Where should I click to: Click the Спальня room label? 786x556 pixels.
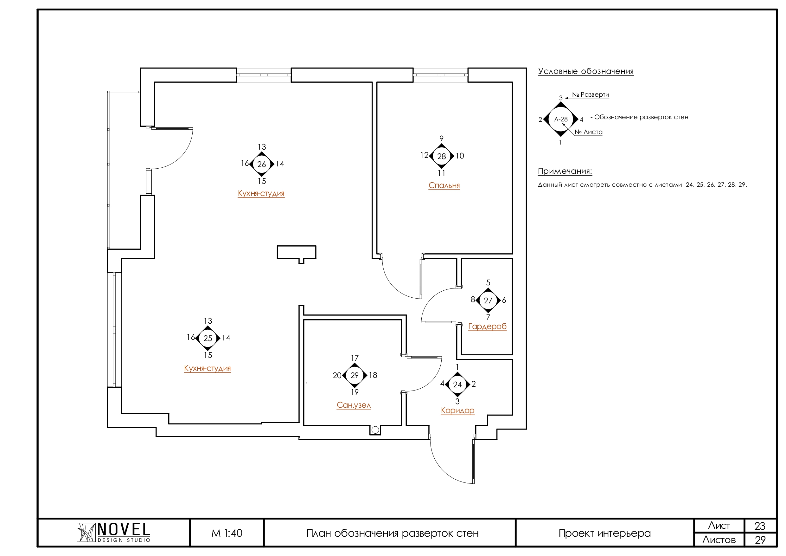(444, 185)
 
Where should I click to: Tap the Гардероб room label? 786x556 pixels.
(487, 326)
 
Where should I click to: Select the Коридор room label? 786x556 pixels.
(457, 411)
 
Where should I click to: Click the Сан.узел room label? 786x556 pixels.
(354, 405)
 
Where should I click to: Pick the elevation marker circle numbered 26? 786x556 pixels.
(262, 164)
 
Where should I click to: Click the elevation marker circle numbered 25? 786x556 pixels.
(208, 338)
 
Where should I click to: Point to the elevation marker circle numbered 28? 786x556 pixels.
(442, 156)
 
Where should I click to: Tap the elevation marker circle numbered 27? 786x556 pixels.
(488, 301)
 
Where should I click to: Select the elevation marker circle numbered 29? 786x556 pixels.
(355, 375)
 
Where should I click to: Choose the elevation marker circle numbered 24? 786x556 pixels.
(457, 385)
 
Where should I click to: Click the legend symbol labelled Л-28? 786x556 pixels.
(561, 119)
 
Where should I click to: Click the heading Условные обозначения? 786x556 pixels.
(585, 71)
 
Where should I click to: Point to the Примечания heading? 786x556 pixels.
(565, 171)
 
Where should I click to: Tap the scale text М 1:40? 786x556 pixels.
(227, 533)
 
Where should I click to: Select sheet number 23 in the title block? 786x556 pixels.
(760, 526)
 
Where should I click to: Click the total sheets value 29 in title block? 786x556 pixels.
(760, 540)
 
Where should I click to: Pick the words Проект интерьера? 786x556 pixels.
(604, 533)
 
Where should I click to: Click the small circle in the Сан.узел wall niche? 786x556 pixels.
(375, 430)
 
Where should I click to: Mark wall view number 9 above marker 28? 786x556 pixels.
(442, 139)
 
